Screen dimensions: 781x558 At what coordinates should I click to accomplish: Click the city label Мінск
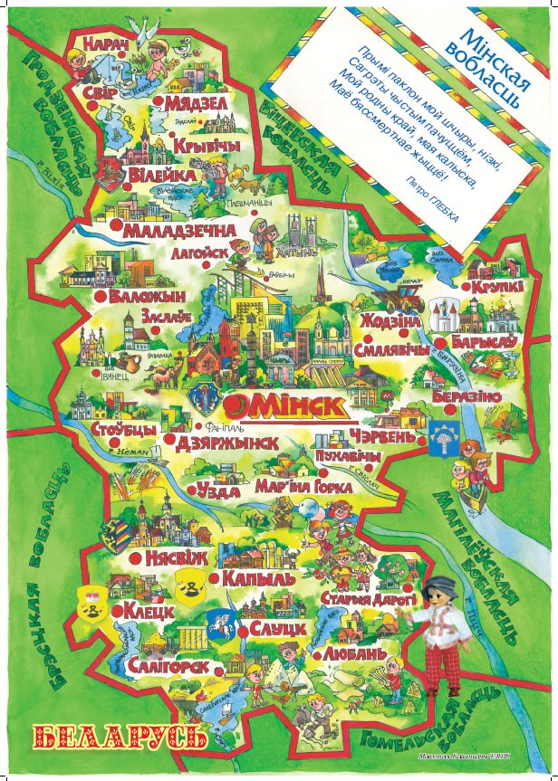tap(288, 403)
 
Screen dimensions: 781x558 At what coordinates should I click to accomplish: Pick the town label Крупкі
tap(496, 287)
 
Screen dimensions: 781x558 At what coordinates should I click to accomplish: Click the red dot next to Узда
tap(200, 490)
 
